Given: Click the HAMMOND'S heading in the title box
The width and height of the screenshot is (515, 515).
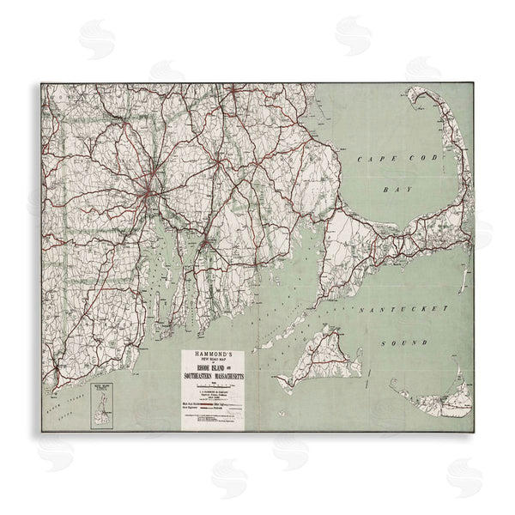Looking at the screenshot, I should [x=211, y=355].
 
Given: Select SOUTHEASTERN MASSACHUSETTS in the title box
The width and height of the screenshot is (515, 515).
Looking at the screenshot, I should [x=211, y=378].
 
